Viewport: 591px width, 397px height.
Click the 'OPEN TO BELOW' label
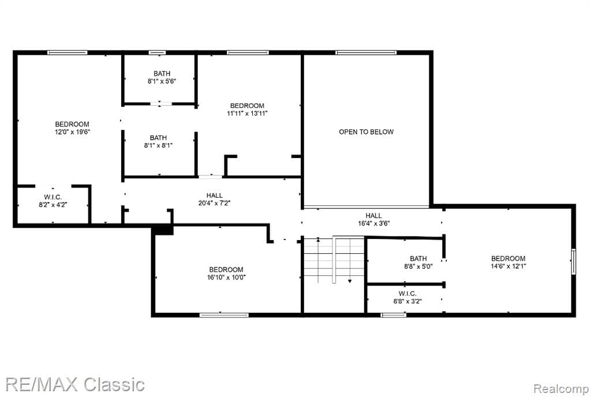[366, 132]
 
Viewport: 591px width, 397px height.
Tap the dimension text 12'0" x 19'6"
[72, 132]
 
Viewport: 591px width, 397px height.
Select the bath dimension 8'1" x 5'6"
[162, 81]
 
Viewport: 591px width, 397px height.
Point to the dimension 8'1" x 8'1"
[158, 145]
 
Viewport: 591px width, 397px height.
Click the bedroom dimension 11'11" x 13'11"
[247, 113]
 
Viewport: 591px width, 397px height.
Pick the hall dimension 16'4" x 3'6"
[373, 223]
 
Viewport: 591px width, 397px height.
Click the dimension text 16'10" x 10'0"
[226, 278]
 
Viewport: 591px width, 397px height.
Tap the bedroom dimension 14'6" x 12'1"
[508, 266]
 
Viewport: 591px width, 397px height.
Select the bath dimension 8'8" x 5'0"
[418, 267]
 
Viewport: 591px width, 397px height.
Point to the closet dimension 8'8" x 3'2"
[407, 301]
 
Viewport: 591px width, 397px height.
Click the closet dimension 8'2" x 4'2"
[53, 205]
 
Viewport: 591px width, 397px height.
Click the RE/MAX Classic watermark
[75, 384]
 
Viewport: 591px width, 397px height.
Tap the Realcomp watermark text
[559, 389]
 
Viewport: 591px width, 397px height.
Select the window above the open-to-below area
[366, 53]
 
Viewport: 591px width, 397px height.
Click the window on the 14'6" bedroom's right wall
[573, 261]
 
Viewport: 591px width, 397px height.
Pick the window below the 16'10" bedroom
[224, 315]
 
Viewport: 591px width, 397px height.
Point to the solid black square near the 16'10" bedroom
[163, 230]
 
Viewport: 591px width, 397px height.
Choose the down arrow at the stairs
[350, 281]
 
